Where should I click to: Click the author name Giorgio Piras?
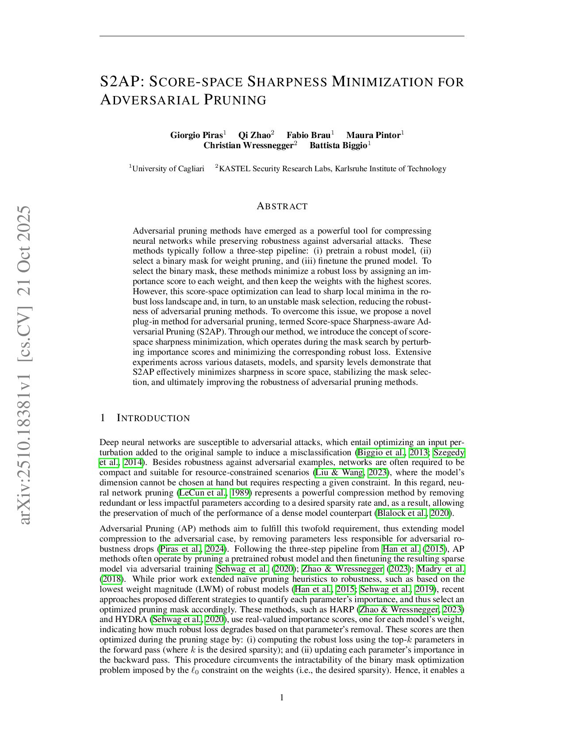coord(196,135)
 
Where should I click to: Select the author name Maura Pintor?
coord(373,135)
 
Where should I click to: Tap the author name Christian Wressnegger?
coord(248,146)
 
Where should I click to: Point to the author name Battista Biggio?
coord(338,146)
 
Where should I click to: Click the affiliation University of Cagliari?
coord(168,169)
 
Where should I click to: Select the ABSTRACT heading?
coord(282,206)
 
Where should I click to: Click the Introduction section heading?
coord(153,418)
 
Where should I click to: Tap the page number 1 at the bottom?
coord(282,698)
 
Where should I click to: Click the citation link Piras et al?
coord(181,549)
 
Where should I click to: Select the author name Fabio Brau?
coord(308,135)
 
